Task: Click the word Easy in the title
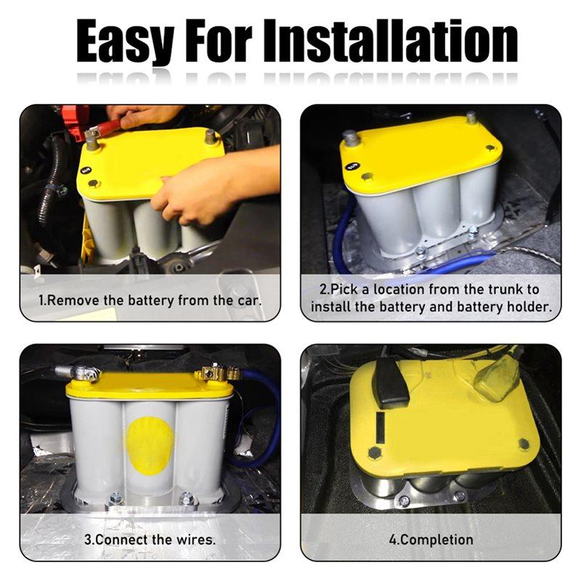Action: tap(125, 41)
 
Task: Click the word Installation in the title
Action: tap(391, 40)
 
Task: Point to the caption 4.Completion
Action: tap(431, 540)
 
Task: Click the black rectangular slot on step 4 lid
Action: tap(381, 427)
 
